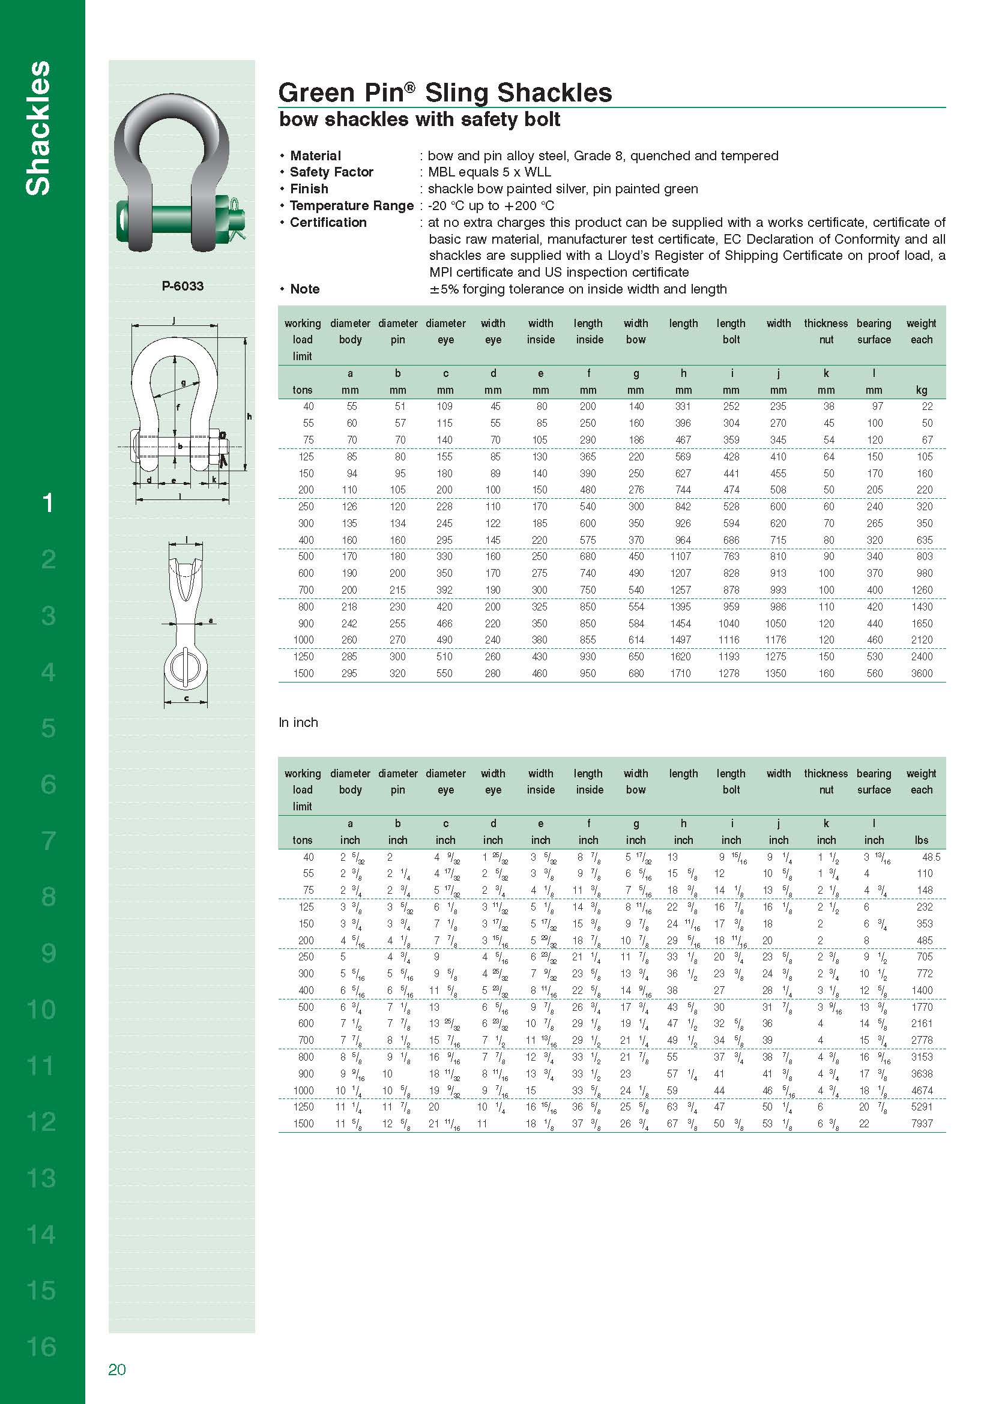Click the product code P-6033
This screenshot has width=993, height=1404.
[183, 286]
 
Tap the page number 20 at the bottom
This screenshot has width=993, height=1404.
[117, 1369]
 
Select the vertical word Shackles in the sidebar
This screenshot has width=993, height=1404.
[38, 128]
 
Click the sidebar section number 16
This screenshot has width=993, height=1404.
[41, 1346]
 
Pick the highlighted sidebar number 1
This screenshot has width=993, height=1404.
[47, 502]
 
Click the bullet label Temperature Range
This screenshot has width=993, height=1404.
[352, 205]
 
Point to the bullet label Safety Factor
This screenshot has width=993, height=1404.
[331, 172]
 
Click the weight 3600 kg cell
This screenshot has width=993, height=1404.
[922, 673]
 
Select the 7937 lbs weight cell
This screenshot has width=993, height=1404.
[922, 1123]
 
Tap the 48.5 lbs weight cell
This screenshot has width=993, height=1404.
[931, 857]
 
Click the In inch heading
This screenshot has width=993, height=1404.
[298, 722]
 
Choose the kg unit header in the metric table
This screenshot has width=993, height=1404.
[922, 390]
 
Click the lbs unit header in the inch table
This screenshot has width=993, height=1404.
[922, 840]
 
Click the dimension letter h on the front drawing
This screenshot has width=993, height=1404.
[249, 417]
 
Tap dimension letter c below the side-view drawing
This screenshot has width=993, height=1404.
[187, 698]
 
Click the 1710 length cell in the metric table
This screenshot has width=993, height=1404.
[681, 673]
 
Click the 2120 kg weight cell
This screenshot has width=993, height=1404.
[922, 640]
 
